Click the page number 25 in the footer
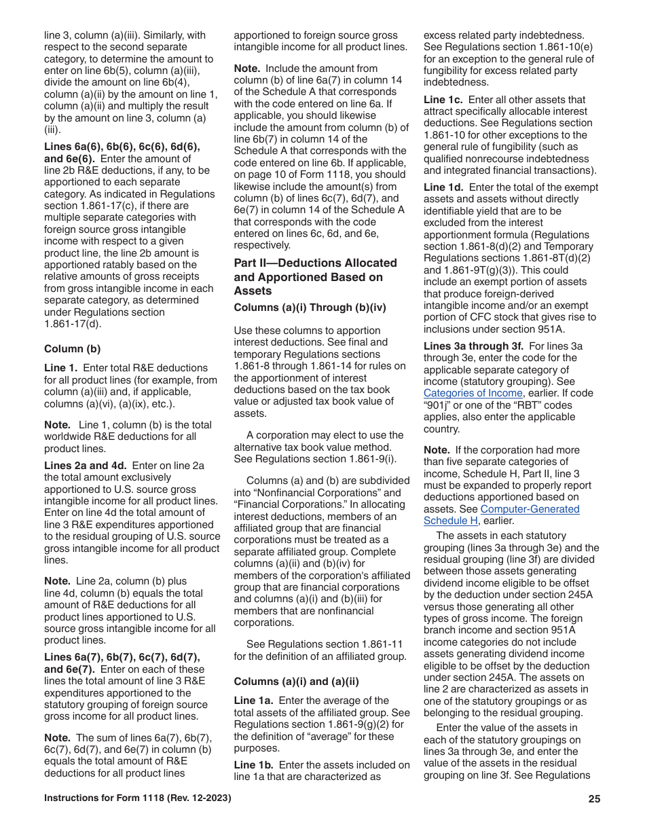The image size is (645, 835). coord(594,799)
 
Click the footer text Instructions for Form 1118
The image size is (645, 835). coord(137,799)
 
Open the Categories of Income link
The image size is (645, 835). coord(473,393)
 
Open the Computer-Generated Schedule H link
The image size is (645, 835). coord(501,515)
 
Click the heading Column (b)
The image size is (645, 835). coord(72,349)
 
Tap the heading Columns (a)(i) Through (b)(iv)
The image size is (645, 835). coord(310,308)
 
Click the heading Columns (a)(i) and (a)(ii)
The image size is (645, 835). coord(296,682)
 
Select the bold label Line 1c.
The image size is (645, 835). coord(443,100)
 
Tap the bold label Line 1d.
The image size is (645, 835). coord(443,187)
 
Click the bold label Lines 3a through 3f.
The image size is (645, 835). coord(473,346)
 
